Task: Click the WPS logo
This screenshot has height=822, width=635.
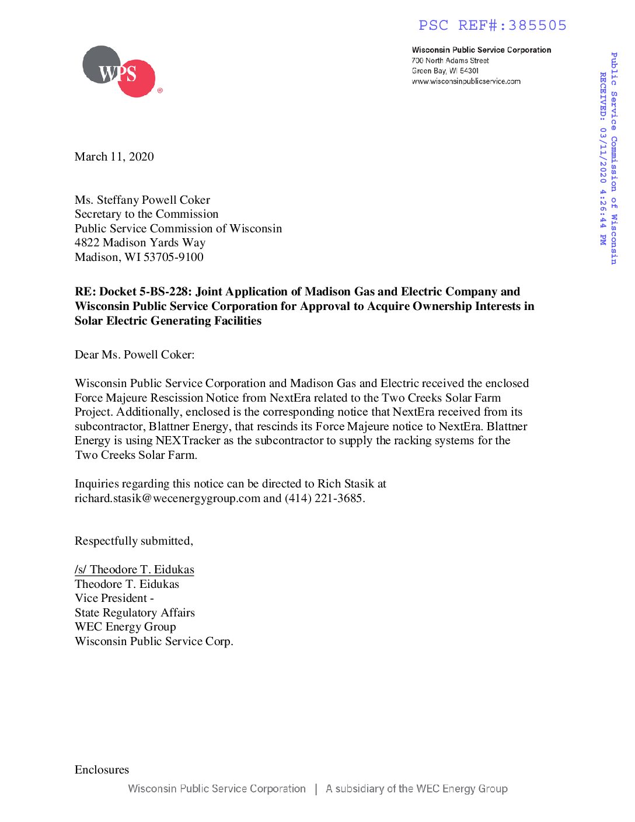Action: [120, 72]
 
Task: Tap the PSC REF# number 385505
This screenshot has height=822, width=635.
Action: [537, 26]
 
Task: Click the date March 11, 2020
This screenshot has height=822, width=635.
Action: [114, 156]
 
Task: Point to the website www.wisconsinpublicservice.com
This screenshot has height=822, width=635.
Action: [466, 82]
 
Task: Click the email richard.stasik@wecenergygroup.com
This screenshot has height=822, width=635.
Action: [168, 498]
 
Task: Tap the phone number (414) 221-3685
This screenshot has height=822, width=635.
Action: [323, 498]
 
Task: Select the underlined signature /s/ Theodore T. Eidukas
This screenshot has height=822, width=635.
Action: [134, 569]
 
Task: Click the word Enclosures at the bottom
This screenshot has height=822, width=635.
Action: [102, 769]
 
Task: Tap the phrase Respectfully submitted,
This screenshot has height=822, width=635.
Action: [134, 541]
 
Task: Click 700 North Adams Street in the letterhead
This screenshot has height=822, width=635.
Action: [450, 61]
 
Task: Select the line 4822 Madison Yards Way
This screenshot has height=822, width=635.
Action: [140, 242]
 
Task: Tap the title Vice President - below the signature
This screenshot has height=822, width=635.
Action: [114, 598]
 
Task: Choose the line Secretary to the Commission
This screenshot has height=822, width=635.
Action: [146, 214]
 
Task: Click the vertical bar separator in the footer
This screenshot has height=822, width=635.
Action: [316, 789]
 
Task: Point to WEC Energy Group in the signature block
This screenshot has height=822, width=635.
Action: [125, 626]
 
